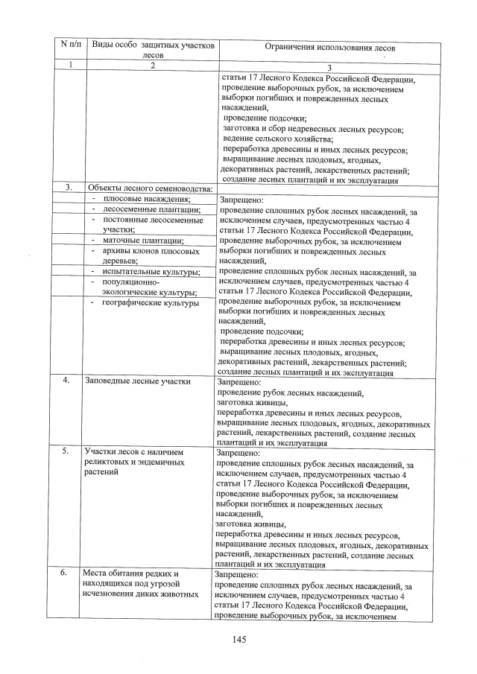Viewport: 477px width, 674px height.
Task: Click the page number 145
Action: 238,639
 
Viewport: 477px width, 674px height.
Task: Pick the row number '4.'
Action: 66,381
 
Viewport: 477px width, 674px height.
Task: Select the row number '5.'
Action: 66,451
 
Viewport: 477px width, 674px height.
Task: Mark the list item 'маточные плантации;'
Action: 142,241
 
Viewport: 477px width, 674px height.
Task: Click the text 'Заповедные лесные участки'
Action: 138,381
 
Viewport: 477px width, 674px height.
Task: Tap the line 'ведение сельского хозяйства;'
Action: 278,139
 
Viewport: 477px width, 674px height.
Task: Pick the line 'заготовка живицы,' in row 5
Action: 250,524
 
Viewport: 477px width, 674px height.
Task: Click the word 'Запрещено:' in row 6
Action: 236,576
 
